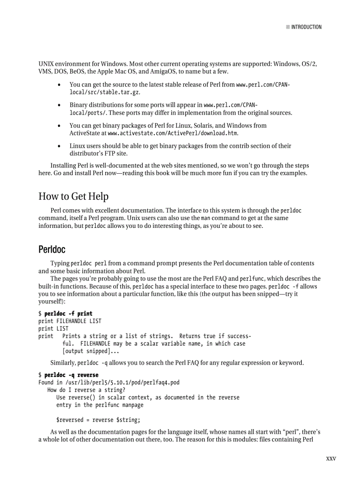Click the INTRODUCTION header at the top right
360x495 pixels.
[x=306, y=27]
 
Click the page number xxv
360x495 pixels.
[x=331, y=458]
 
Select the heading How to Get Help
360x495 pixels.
[x=73, y=196]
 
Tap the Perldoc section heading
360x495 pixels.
[x=52, y=249]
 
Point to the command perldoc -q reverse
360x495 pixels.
[x=71, y=375]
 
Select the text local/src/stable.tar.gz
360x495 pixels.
[x=105, y=92]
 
